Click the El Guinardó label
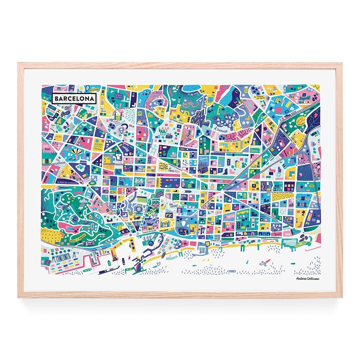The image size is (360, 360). click(220, 129)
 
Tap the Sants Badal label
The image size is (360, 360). click(45, 147)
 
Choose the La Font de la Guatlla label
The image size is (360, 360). click(67, 182)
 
